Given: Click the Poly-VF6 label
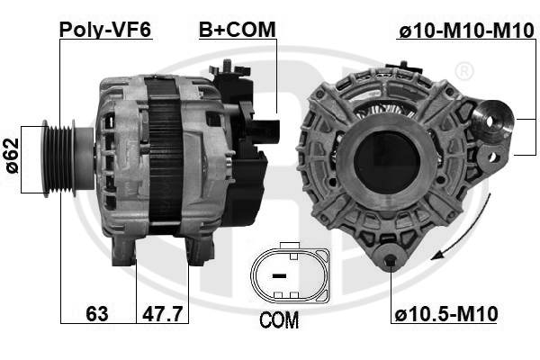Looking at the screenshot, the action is click(x=105, y=30).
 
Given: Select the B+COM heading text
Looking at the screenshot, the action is click(x=238, y=30).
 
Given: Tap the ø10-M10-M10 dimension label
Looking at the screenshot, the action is click(x=466, y=31).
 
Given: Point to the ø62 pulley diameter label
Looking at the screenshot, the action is click(x=12, y=156).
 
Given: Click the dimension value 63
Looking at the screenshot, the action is click(x=97, y=313).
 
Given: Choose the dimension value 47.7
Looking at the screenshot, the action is click(x=162, y=313).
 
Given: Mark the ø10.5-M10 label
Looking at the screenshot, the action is click(x=446, y=314).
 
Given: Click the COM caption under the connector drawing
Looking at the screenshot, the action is click(x=279, y=320).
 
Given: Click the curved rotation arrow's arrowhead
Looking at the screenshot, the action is click(x=438, y=256).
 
